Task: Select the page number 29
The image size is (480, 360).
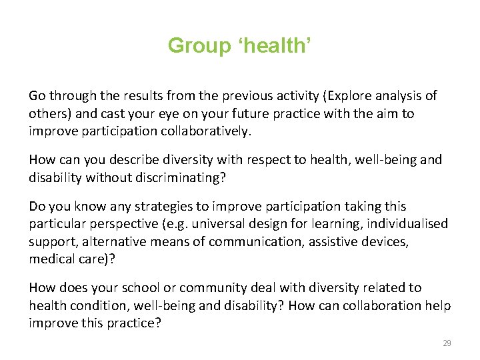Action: tap(447, 343)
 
